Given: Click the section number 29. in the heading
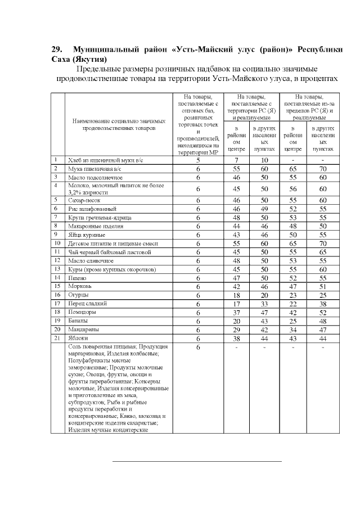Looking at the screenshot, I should pos(56,49).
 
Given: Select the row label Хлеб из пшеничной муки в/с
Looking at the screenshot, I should pos(102,160).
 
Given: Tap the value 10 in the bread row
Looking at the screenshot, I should pos(264,160).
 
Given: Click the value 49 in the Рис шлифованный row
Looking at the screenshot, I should pos(264,208).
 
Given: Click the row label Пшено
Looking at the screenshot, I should pos(78,277).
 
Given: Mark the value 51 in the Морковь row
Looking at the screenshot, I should pos(323,286).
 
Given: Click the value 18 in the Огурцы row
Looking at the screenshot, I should pos(237,295).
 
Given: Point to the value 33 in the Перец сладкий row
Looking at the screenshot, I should pos(264,304).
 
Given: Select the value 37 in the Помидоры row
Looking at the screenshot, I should pos(237,312).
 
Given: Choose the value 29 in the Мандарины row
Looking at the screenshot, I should pos(237,330).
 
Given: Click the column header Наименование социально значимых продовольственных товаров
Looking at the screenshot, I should pos(119,124).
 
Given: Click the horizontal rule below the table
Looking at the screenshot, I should pos(197,461).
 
